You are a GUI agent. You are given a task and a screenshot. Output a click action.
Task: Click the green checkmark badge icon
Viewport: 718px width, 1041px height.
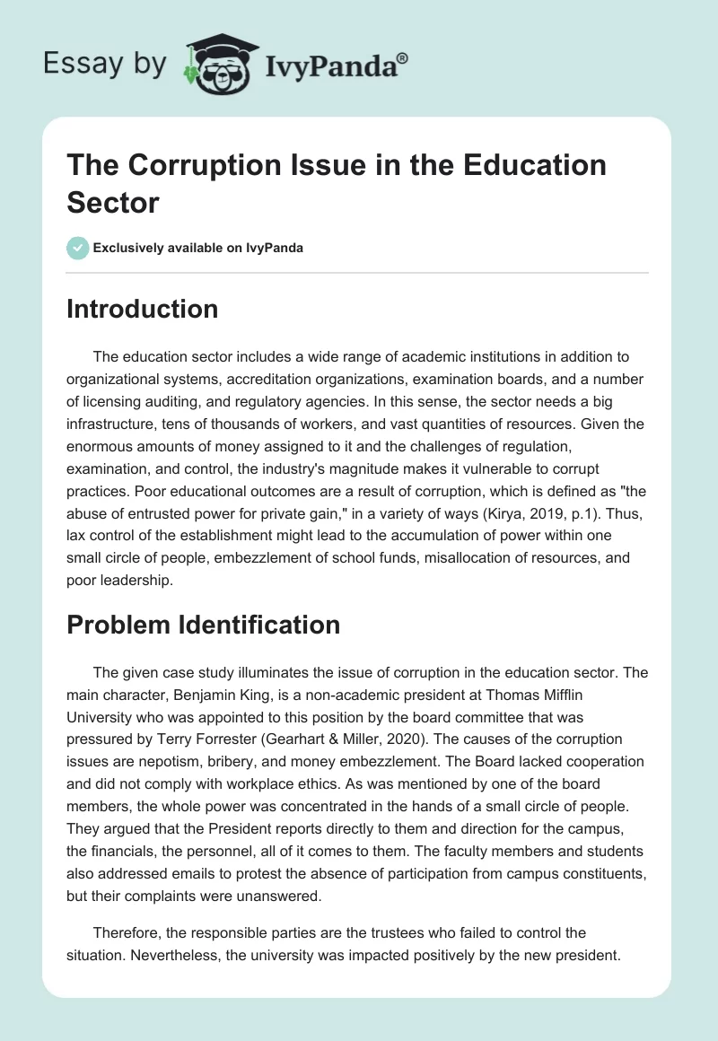point(77,248)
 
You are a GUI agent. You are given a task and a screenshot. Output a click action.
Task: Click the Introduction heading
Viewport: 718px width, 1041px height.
point(142,309)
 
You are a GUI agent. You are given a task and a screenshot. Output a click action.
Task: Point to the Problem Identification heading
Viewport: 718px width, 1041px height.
point(203,625)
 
